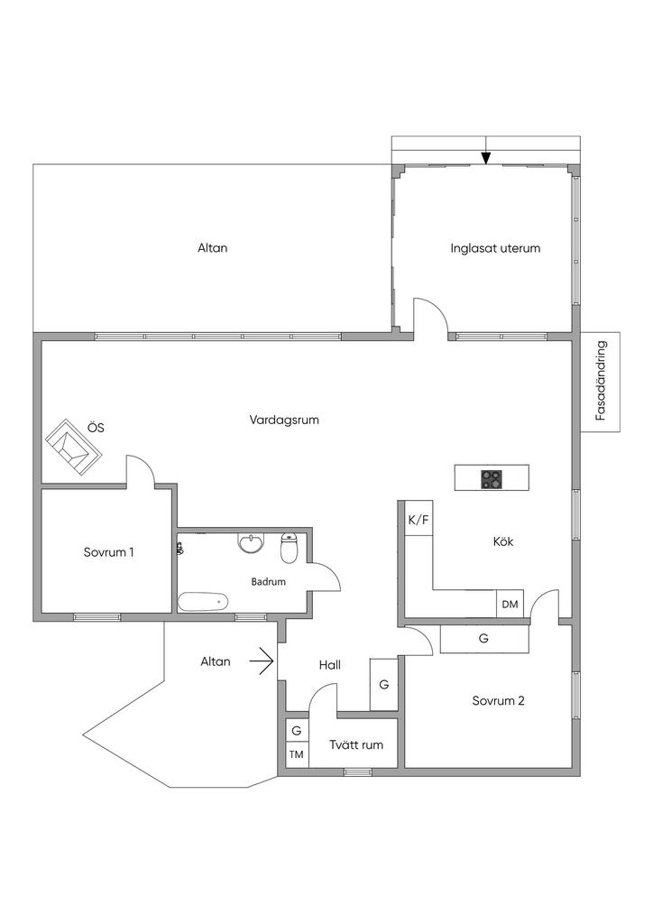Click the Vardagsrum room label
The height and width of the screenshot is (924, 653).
284,420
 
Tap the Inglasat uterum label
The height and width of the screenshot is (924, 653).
495,248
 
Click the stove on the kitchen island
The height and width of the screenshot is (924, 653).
492,479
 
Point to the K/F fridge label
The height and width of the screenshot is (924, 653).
418,520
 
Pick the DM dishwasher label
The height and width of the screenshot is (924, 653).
510,604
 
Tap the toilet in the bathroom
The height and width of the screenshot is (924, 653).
290,548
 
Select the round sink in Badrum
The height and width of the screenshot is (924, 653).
251,543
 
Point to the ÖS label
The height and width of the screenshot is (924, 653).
96,429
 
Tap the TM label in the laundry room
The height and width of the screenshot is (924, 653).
296,754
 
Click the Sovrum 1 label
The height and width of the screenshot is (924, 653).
108,552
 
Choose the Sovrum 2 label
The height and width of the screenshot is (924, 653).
498,700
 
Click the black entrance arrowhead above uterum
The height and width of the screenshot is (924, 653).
486,159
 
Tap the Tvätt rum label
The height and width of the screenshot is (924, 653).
356,745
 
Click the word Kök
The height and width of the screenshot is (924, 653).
503,541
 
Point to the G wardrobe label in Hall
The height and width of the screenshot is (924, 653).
383,685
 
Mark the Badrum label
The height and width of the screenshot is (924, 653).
268,582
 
